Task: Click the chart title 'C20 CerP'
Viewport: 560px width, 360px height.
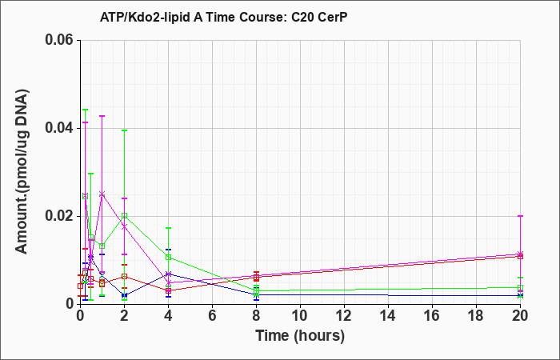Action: pos(319,17)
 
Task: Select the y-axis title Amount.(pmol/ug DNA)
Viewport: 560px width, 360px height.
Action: pos(22,171)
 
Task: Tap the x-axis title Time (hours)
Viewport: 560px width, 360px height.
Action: pos(300,336)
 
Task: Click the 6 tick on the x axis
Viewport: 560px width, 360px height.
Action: pos(212,316)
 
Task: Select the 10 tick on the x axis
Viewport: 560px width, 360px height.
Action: pos(300,316)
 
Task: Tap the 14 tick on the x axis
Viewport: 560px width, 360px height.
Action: pos(388,316)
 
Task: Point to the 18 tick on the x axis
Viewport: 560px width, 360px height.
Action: pos(476,316)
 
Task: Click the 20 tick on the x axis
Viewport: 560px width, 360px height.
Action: pos(520,316)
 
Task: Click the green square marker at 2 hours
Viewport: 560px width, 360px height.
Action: pos(124,216)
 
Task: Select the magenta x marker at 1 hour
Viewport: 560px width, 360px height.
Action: pos(102,194)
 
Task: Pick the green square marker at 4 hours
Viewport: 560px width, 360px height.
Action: pos(168,257)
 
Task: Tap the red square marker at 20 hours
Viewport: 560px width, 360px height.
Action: pos(520,256)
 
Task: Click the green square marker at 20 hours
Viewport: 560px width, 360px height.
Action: pos(520,287)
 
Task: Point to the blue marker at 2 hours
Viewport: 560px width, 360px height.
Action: pos(124,295)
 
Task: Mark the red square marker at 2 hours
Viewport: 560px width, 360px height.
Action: pos(124,277)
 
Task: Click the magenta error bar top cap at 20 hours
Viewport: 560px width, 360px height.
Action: pos(520,216)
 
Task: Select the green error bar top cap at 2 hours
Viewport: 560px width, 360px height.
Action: pos(124,130)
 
